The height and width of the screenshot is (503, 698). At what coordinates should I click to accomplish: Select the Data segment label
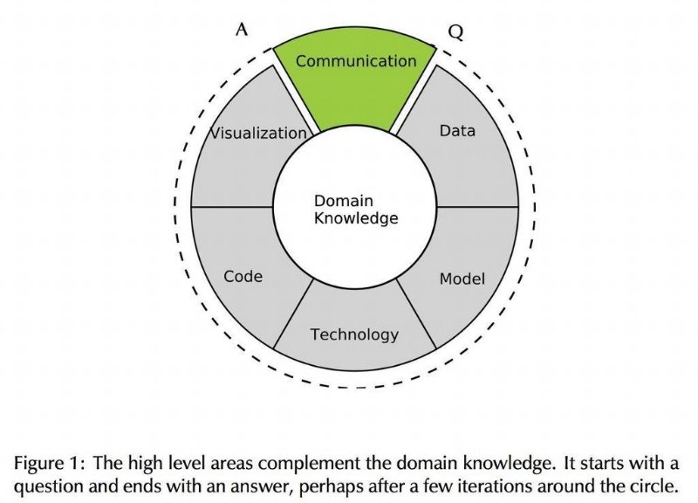point(457,131)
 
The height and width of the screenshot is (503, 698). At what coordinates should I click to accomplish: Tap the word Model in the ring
point(462,279)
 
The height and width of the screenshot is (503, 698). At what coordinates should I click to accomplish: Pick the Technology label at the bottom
point(354,334)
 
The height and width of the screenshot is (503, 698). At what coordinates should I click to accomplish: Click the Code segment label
point(243,277)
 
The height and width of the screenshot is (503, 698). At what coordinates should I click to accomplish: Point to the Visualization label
point(259,134)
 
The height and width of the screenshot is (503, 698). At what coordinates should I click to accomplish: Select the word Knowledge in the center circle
point(355,218)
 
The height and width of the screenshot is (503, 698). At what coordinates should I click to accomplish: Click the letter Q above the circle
point(456,32)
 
